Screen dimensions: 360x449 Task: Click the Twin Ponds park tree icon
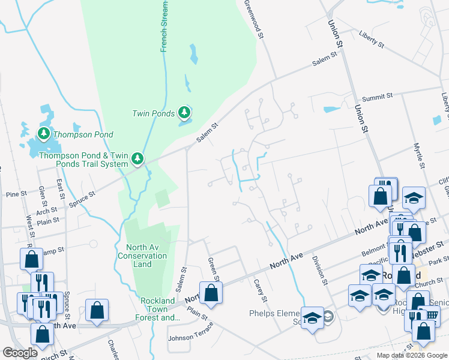tap(185, 112)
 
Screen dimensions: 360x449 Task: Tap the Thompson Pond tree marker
tap(44, 134)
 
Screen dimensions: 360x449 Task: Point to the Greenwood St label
tap(255, 20)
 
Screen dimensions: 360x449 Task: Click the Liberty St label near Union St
tap(372, 40)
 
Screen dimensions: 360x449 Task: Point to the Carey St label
tap(259, 290)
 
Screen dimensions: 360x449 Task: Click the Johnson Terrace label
tap(190, 337)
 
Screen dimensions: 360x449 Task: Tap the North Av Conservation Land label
tap(146, 256)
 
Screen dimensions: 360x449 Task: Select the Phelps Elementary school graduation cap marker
tap(312, 319)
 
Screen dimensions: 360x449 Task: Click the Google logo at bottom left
tap(20, 353)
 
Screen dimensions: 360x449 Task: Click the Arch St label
tap(46, 211)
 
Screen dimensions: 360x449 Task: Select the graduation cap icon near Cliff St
tap(414, 199)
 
